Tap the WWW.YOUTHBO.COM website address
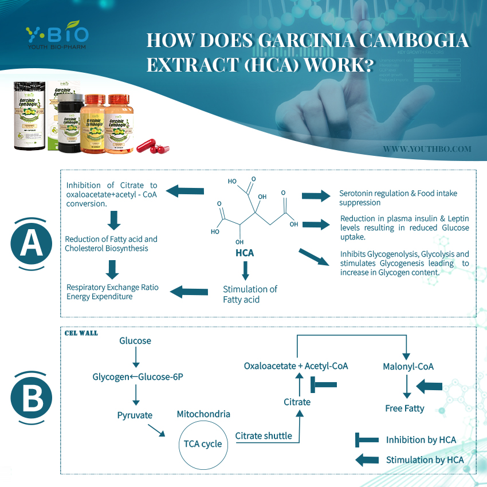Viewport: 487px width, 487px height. pos(427,149)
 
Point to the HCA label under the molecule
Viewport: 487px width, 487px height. pos(245,253)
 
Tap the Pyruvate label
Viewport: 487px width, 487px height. pos(135,415)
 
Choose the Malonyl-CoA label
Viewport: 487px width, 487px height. pos(408,366)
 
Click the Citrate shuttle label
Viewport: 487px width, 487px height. pos(264,436)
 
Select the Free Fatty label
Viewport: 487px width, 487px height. pos(404,409)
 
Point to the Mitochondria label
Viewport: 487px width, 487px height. pos(203,414)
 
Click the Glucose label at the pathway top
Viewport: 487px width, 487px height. pos(135,341)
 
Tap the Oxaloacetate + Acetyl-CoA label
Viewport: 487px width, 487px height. pos(296,366)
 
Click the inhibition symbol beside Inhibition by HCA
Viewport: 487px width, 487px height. pos(367,440)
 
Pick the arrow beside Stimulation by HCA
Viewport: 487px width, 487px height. pos(367,459)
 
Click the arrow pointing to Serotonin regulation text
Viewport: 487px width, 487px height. pos(316,196)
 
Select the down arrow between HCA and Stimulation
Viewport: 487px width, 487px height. pos(245,270)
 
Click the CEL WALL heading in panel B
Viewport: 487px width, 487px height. pos(81,333)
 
